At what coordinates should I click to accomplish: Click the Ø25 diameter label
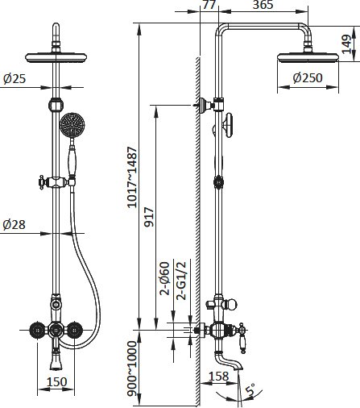coord(14,79)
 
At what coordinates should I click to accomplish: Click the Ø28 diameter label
coord(14,225)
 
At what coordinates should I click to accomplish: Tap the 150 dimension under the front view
coord(56,382)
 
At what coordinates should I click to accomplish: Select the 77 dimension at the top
coord(209,5)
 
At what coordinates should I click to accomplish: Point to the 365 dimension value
coord(263,5)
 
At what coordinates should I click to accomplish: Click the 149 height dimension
coord(347,44)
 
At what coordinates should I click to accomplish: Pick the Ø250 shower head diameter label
coord(308,78)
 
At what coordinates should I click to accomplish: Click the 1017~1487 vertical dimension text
coord(132,177)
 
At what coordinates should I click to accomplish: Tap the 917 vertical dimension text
coord(150,217)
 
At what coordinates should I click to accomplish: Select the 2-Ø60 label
coord(165,278)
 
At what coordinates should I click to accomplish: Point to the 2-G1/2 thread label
coord(181,281)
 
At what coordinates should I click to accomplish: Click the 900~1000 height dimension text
coord(132,368)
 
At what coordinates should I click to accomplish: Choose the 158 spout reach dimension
coord(219,377)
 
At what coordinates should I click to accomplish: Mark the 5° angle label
coord(250,390)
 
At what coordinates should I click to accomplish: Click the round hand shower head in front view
coord(72,126)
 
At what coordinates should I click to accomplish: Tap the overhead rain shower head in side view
coord(308,58)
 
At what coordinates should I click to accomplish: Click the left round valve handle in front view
coord(37,329)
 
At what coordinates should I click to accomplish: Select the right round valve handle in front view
coord(74,329)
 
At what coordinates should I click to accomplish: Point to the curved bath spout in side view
coord(228,358)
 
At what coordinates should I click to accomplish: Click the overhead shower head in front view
coord(56,57)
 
